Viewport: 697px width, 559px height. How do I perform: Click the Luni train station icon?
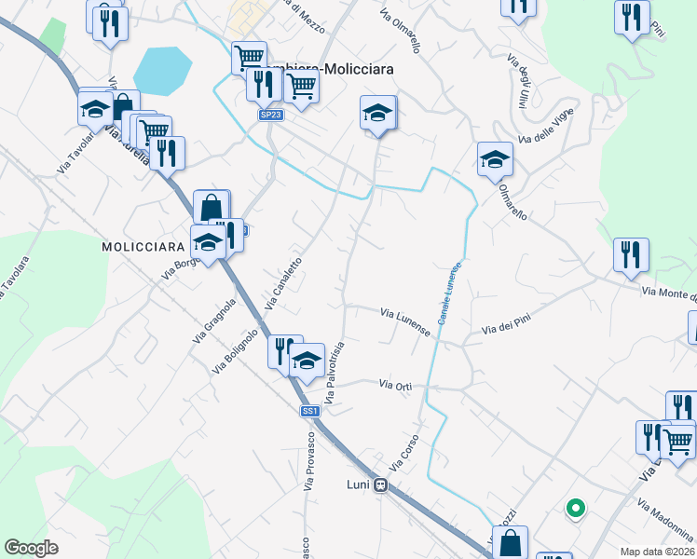380,484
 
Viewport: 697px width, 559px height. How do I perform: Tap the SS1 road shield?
310,411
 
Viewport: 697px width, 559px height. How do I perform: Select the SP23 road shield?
269,115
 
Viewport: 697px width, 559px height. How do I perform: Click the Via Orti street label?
394,384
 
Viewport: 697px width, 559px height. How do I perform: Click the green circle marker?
576,509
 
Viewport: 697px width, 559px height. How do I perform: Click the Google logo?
31,548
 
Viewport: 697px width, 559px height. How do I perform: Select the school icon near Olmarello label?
495,159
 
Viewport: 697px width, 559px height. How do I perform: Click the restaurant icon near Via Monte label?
631,254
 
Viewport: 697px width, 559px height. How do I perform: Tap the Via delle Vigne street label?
547,128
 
